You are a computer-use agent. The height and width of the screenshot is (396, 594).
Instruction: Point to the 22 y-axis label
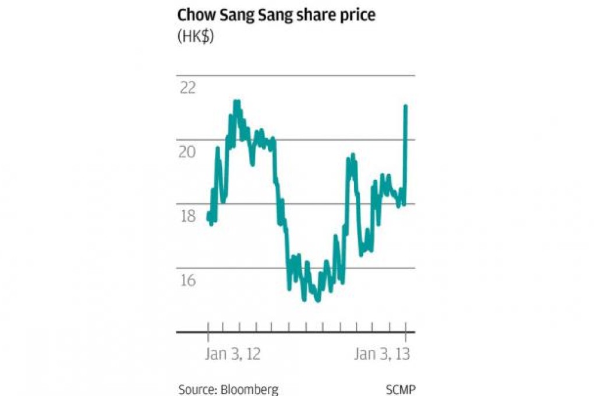[188, 88]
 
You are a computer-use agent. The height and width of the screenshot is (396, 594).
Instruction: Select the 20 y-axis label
[188, 152]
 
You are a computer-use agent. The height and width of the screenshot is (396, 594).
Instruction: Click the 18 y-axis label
[188, 216]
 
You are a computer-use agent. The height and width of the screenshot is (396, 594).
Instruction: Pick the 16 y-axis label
[188, 280]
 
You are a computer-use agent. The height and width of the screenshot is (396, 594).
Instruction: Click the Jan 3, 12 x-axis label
[232, 355]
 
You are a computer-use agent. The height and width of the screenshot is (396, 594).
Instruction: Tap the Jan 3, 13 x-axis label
[382, 355]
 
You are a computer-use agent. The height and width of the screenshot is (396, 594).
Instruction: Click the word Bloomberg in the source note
[250, 390]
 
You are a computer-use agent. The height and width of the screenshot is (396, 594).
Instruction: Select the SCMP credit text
[401, 390]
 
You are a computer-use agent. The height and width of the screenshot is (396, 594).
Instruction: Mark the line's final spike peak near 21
[405, 106]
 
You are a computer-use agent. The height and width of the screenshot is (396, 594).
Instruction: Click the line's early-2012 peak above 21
[236, 102]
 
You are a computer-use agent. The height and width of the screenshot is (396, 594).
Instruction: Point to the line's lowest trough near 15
[317, 300]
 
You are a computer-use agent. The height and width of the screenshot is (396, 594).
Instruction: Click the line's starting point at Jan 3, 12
[208, 216]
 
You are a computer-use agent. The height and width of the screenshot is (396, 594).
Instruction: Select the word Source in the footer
[197, 390]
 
